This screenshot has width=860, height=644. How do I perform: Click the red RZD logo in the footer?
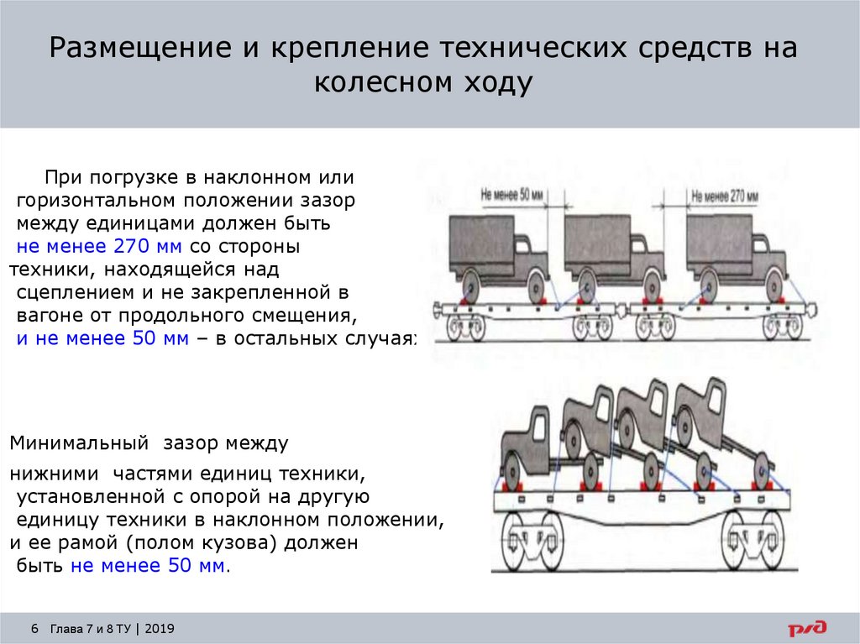pos(806,627)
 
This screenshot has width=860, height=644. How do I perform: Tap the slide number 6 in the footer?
pos(34,629)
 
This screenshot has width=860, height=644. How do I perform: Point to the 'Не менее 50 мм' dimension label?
pos(512,194)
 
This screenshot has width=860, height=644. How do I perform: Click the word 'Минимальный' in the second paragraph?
pos(73,442)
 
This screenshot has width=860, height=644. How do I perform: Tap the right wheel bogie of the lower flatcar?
pos(752,538)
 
